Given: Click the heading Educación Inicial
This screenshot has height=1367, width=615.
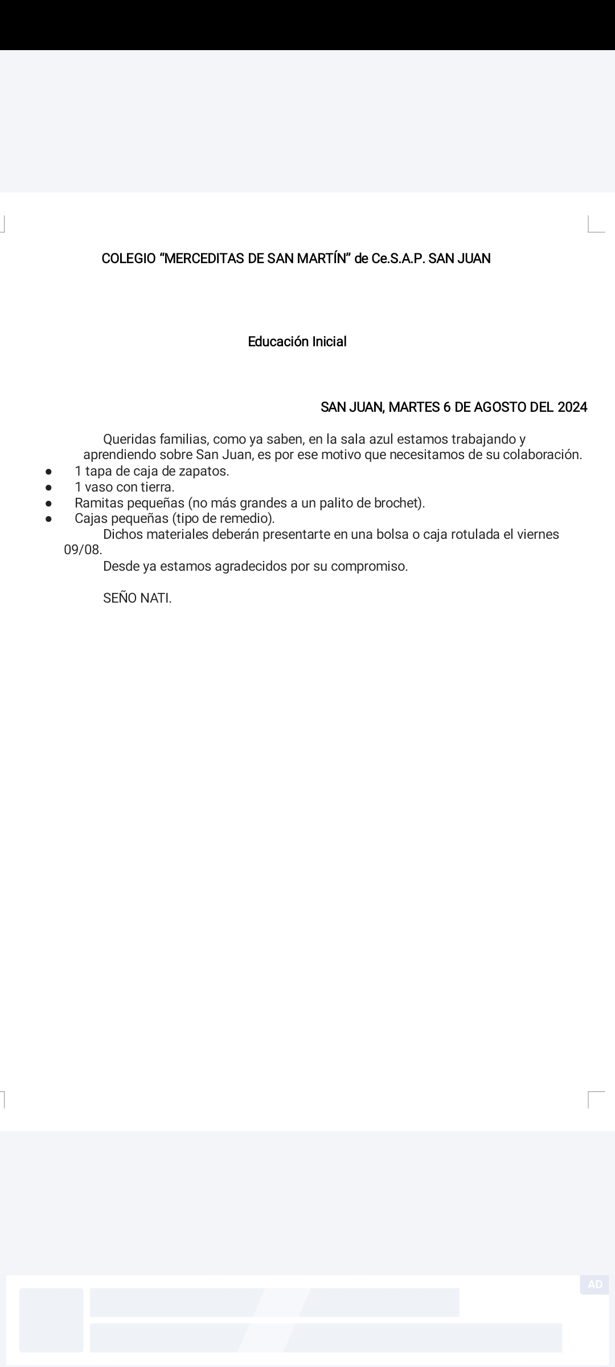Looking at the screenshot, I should point(297,342).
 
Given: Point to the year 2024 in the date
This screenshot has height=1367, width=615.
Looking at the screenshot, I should point(572,407).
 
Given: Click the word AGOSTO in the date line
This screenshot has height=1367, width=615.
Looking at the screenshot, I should point(500,407).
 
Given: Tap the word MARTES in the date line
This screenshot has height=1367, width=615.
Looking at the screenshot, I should point(414,407).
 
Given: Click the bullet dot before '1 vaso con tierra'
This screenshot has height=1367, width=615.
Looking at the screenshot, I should point(49,488).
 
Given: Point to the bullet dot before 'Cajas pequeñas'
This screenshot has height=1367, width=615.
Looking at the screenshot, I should point(49,519).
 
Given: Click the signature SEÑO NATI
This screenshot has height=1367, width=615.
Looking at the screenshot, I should point(137,599).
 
